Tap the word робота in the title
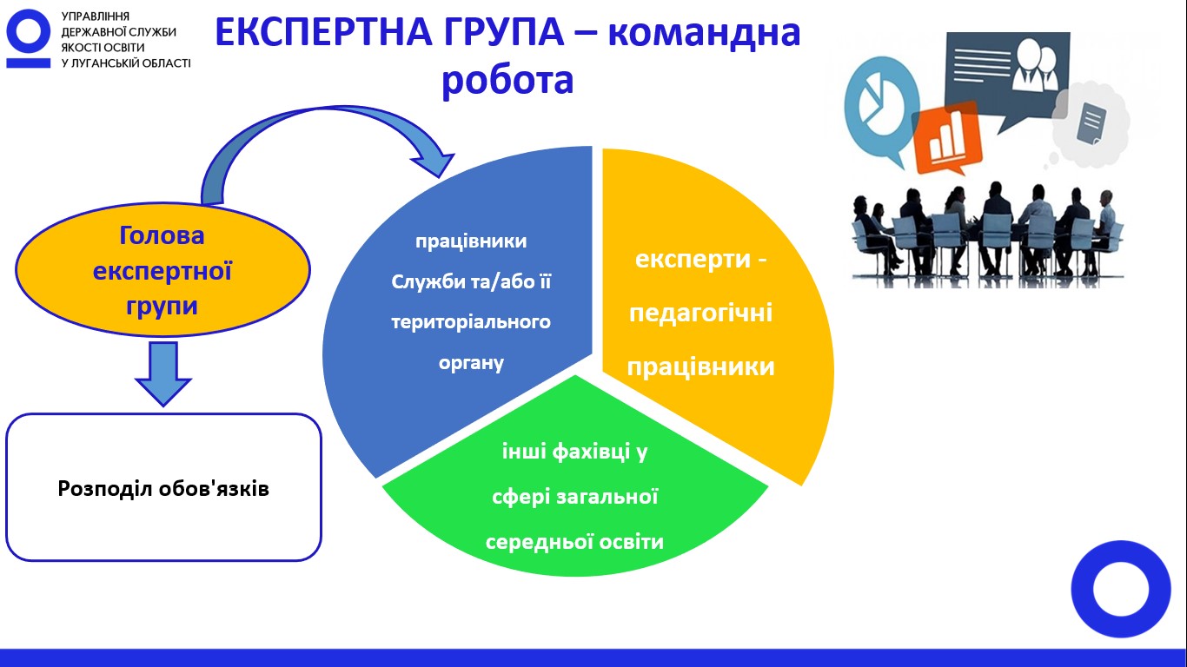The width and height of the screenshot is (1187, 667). tap(507, 81)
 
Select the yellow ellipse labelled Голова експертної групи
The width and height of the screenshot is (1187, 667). tap(162, 269)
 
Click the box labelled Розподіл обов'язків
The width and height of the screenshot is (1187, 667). tap(163, 487)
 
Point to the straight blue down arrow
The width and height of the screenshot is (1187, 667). tap(163, 373)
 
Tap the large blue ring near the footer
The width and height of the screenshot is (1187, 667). tap(1121, 589)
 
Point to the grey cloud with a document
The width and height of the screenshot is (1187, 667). tap(1090, 124)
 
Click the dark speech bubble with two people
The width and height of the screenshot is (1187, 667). tap(1007, 74)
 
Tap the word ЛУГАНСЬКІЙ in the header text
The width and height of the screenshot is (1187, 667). tap(108, 63)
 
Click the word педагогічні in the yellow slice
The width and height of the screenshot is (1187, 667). tap(700, 314)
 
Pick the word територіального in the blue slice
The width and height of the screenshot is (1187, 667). tap(471, 322)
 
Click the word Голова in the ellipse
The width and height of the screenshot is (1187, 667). tap(162, 235)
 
